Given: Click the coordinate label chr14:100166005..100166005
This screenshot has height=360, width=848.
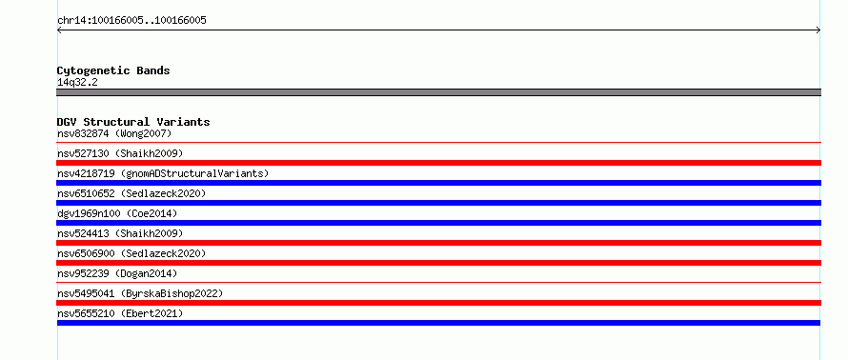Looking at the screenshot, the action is [x=131, y=21].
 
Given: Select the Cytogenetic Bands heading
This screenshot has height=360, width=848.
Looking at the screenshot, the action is [x=113, y=70].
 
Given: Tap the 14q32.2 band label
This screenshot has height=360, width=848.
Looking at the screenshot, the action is [x=77, y=83].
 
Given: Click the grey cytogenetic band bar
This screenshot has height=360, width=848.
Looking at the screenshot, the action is [x=438, y=92].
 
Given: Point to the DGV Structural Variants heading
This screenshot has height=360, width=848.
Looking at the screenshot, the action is [x=133, y=122].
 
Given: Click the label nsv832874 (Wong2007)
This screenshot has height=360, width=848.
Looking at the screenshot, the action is [x=114, y=133].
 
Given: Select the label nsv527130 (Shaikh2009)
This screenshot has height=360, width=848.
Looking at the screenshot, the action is [x=120, y=153].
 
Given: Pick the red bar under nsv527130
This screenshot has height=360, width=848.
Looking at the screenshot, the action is [x=438, y=163].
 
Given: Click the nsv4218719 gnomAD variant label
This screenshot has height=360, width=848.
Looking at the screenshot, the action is [x=163, y=173].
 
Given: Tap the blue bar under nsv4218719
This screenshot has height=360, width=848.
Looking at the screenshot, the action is [x=438, y=183].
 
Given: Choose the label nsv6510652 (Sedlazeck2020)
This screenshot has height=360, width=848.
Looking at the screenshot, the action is [x=131, y=193].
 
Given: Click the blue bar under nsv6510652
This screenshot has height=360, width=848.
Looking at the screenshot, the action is [x=438, y=203].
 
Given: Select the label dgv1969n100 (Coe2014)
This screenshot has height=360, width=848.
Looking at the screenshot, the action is [x=117, y=213].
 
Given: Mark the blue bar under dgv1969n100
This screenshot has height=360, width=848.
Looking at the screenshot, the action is [x=438, y=223].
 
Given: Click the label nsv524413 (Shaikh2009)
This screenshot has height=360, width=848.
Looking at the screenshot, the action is [x=120, y=233].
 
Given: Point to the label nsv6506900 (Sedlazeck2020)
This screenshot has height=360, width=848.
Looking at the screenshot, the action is [x=131, y=253].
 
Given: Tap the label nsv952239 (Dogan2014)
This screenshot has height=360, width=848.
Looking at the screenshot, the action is [x=117, y=273].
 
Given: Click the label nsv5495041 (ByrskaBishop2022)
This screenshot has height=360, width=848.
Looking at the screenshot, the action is [x=140, y=293].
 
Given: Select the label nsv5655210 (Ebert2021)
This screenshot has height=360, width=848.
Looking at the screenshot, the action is [x=120, y=313].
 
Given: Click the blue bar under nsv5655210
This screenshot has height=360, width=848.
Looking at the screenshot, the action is [x=438, y=323].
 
